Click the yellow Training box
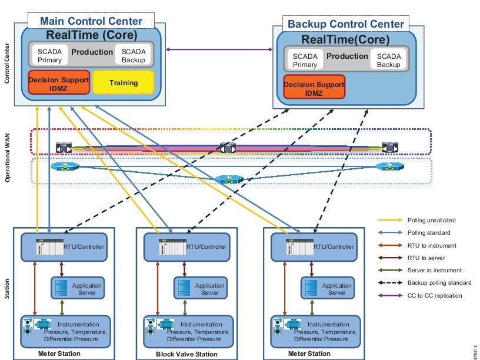[124, 83]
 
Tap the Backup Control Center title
[345, 24]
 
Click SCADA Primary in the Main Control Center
[45, 55]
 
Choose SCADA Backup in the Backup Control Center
[388, 61]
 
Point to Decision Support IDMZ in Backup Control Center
[314, 88]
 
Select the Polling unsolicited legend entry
[431, 220]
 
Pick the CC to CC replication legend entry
[434, 295]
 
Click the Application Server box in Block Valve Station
[200, 288]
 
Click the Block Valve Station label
[186, 354]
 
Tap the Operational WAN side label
[8, 158]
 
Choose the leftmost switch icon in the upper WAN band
[63, 147]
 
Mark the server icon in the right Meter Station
[312, 288]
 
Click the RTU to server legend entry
[426, 258]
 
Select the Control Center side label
[8, 62]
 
